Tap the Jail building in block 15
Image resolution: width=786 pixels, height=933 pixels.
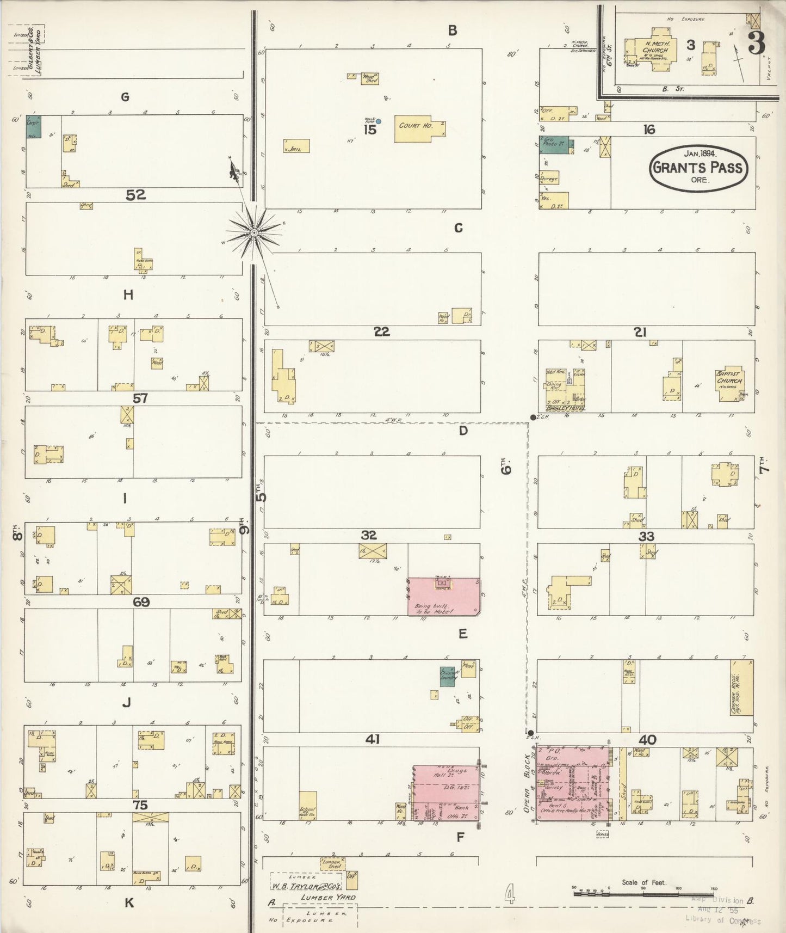click(x=296, y=146)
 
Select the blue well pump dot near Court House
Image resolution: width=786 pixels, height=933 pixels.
click(x=379, y=121)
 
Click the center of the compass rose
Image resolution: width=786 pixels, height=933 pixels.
click(x=253, y=233)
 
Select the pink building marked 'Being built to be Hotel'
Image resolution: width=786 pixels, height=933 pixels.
click(x=443, y=597)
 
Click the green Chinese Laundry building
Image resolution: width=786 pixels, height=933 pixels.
click(x=447, y=678)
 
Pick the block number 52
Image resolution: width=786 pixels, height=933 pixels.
click(x=136, y=195)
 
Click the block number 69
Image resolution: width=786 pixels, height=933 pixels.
click(x=141, y=602)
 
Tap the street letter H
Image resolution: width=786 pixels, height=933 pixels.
click(x=128, y=295)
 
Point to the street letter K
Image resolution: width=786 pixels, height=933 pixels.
click(x=129, y=903)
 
